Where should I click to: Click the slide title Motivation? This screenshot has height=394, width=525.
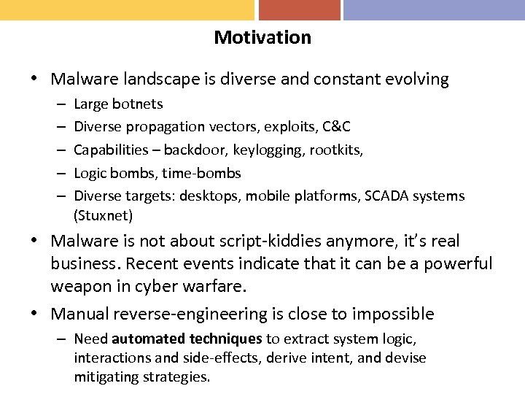(262, 37)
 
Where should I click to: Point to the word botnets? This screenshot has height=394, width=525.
(138, 104)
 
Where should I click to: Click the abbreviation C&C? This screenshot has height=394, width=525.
(335, 127)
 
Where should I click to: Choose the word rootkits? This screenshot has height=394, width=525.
(338, 150)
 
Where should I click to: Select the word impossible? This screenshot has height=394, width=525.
(393, 314)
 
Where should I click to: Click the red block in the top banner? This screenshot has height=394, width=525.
(299, 9)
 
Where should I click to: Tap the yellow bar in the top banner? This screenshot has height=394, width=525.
(127, 9)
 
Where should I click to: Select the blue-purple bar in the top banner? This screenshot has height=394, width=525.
(434, 9)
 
